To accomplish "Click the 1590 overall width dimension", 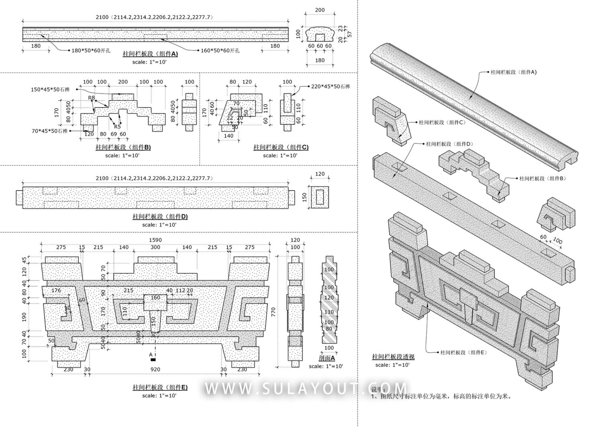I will coord(155,240).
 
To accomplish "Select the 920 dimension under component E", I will coord(155,369).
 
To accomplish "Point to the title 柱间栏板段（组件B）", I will coord(123,147).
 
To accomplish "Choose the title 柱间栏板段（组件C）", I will coord(281,147).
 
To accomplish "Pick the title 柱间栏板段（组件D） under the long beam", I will coord(160,217).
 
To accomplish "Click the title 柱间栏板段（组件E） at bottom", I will coord(160,388).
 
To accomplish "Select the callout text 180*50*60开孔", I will coord(91,50).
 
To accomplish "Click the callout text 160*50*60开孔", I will coord(220,50).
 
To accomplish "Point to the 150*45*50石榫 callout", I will coord(50,89).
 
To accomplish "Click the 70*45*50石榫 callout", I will coord(49,131).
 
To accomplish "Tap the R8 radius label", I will coord(92,98).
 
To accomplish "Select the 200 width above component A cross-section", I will coord(320,10).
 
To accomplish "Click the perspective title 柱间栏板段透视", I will coord(393,357).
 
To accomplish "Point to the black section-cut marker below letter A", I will coord(152,359).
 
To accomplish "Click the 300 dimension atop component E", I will coord(155,247).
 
